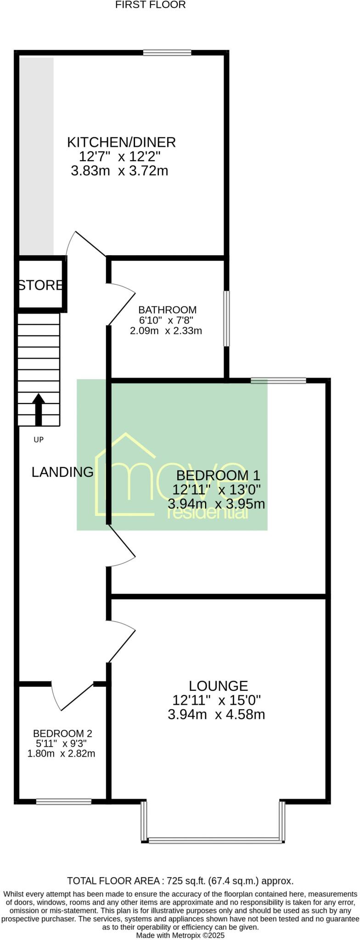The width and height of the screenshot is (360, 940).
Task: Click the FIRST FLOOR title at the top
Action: (150, 5)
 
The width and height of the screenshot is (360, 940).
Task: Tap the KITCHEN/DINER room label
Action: (121, 142)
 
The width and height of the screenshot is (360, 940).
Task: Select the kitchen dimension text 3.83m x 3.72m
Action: (119, 171)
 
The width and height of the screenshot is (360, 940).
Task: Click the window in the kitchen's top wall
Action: (167, 53)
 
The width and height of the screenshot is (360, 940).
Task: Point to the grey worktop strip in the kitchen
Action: (36, 156)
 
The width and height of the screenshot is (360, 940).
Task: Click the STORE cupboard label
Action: (40, 285)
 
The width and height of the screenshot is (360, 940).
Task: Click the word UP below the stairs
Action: (39, 440)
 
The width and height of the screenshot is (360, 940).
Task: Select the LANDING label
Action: (62, 472)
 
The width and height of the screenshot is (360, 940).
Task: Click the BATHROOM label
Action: (168, 310)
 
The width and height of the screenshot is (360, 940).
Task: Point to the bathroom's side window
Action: (226, 318)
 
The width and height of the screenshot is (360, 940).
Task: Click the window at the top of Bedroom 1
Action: (278, 380)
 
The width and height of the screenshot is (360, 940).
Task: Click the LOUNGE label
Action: (218, 686)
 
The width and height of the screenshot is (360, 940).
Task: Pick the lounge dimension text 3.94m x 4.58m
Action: (216, 714)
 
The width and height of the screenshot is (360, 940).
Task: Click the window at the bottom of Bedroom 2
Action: (64, 801)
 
